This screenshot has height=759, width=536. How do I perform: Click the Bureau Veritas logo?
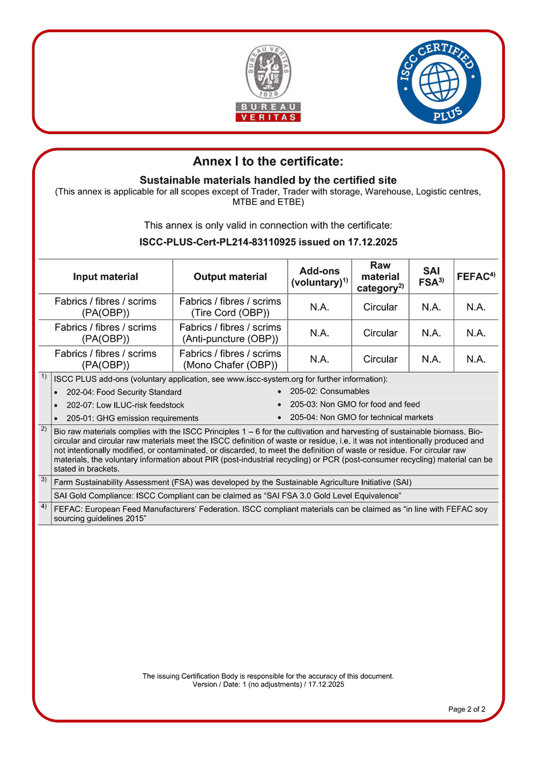(x=268, y=83)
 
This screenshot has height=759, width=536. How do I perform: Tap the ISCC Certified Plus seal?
(x=439, y=82)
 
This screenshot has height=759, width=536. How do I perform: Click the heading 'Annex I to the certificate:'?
(x=268, y=161)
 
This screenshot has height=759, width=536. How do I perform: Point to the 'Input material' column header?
(x=106, y=277)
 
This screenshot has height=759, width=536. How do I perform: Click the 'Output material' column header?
(x=230, y=277)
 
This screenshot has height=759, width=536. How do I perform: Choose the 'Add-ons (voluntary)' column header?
(x=319, y=277)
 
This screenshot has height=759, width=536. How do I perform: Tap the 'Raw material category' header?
(x=380, y=277)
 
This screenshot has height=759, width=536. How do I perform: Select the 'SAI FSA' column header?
(x=431, y=277)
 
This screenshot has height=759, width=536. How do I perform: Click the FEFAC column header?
(x=476, y=277)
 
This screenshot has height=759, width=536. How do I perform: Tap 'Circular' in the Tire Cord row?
(x=380, y=307)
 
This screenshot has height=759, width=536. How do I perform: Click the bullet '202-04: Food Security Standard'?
(x=124, y=392)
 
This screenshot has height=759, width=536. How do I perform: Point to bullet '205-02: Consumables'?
(x=330, y=392)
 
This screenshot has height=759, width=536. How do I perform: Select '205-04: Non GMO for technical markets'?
(x=361, y=417)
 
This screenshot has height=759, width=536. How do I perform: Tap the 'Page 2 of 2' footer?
(x=466, y=709)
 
